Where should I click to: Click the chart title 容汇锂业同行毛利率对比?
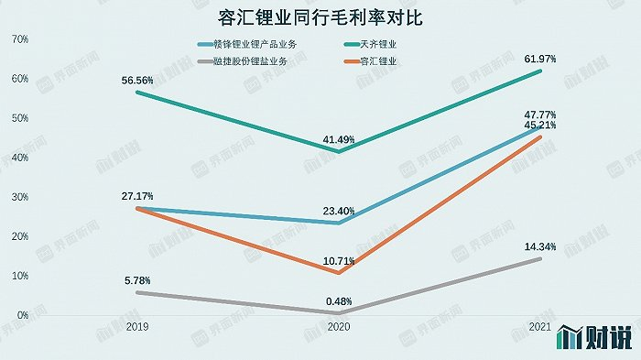pos(320,17)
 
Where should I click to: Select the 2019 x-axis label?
pos(136,327)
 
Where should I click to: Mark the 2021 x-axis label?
pos(541,327)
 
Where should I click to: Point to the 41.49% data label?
pos(339,139)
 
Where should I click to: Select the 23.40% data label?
pos(339,210)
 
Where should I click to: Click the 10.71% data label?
pos(339,260)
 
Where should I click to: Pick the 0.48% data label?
pos(339,300)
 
